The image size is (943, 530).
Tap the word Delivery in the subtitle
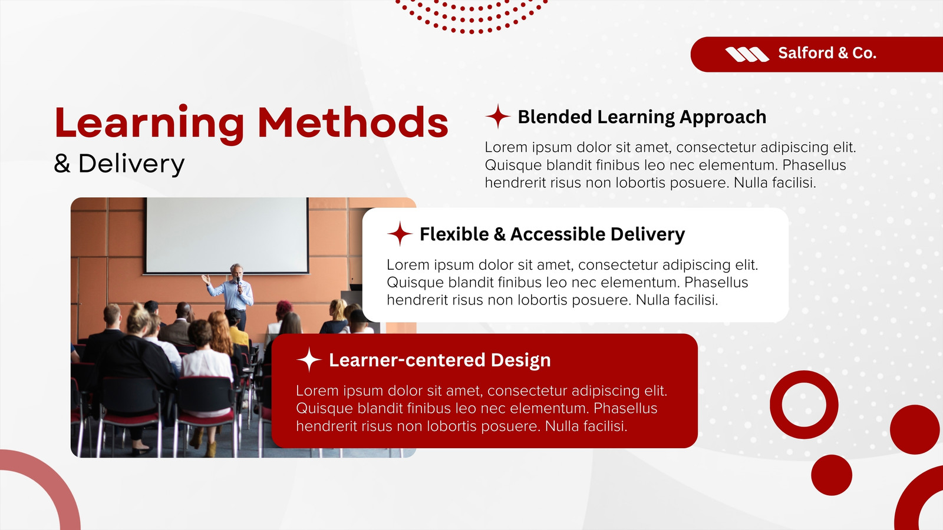(x=131, y=164)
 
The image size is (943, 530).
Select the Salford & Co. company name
(x=827, y=53)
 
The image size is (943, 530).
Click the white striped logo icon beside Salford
(x=747, y=54)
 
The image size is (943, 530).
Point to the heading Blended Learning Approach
(x=642, y=117)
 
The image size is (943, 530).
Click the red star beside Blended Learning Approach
(x=498, y=116)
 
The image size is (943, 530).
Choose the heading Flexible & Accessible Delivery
(x=552, y=234)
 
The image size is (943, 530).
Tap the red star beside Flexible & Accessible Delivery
(x=400, y=233)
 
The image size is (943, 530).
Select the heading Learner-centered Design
(x=440, y=360)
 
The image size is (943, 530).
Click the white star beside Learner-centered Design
(x=309, y=360)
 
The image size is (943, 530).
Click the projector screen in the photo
(x=227, y=236)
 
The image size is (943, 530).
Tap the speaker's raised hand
(x=206, y=279)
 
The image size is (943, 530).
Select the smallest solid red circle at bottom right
(x=832, y=475)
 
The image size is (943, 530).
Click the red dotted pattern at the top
(x=471, y=16)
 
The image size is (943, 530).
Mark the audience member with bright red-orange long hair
(x=220, y=332)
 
